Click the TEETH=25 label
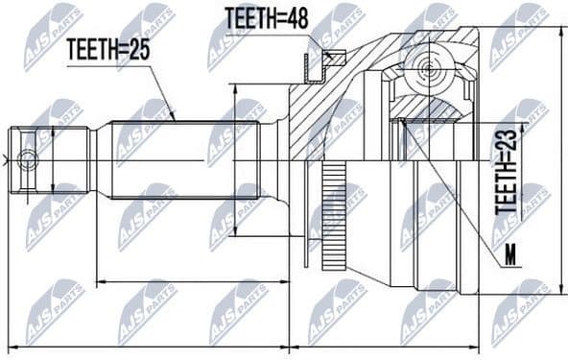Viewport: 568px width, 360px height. (x=108, y=51)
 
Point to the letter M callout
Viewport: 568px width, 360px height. (x=509, y=256)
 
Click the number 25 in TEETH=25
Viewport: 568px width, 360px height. (x=140, y=51)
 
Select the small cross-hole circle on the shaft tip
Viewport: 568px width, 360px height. (x=27, y=160)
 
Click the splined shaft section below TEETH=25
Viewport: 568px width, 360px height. (x=182, y=158)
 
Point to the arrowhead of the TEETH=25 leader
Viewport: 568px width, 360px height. (x=174, y=117)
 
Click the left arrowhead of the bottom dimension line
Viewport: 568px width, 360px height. (x=11, y=347)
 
